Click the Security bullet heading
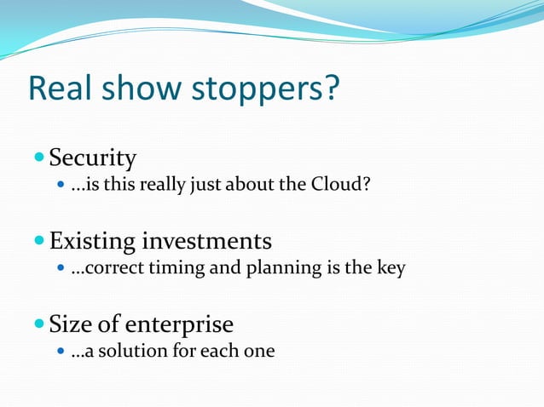[93, 158]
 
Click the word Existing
[92, 242]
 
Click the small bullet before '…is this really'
[59, 183]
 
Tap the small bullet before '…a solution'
[59, 350]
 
